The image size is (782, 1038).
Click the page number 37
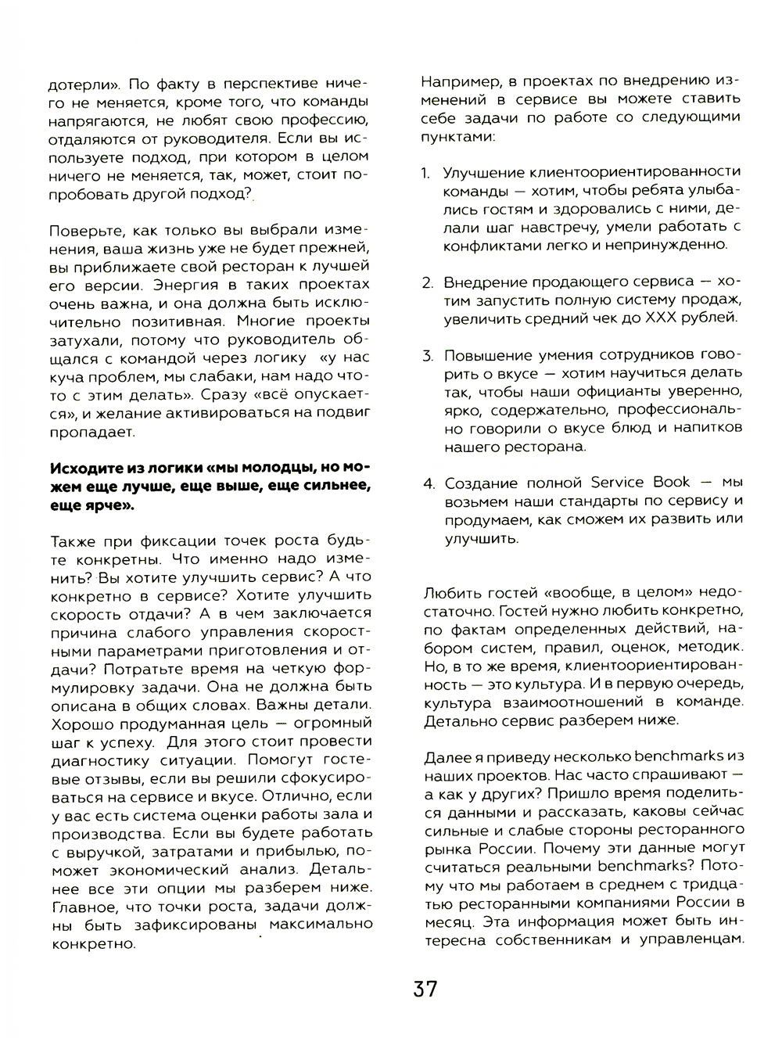click(425, 989)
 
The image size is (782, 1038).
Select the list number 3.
click(428, 356)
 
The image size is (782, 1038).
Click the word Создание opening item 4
click(479, 483)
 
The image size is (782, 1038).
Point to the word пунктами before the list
click(457, 135)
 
